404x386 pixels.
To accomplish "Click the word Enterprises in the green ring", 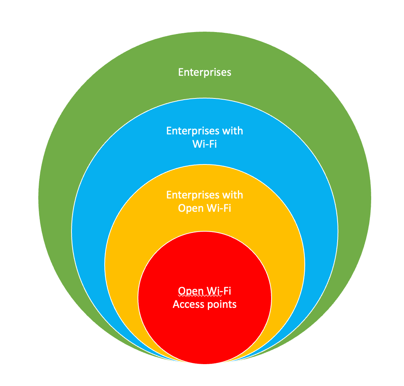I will click(x=205, y=72).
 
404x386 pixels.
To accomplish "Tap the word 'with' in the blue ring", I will click(x=232, y=130).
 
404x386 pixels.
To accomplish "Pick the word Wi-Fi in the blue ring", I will click(x=205, y=144).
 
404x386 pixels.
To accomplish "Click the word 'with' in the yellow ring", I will click(x=232, y=195).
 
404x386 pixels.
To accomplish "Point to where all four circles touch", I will click(x=205, y=364).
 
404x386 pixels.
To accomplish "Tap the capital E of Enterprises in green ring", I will click(x=181, y=72).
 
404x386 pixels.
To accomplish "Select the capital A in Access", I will click(x=176, y=304).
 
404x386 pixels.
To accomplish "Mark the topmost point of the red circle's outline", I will click(x=205, y=231).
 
